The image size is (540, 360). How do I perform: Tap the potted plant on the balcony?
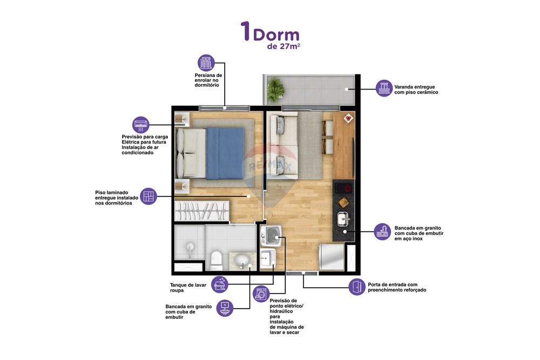[x=275, y=89]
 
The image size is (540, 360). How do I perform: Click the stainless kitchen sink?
[x=343, y=219]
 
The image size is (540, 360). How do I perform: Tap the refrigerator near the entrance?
[x=332, y=257]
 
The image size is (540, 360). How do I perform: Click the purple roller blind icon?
[x=206, y=63]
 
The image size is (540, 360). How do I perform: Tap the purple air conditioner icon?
[x=141, y=125]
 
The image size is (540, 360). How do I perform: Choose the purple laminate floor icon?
[x=148, y=196]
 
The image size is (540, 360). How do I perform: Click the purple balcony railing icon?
[x=384, y=88]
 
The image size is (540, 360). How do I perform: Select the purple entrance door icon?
[x=356, y=287]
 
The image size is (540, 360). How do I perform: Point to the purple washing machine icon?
[x=261, y=294]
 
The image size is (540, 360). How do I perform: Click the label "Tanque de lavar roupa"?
[x=184, y=287]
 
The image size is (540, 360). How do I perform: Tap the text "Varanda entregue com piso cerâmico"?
[x=416, y=90]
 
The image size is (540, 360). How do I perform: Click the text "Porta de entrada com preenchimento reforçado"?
[x=397, y=287]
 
